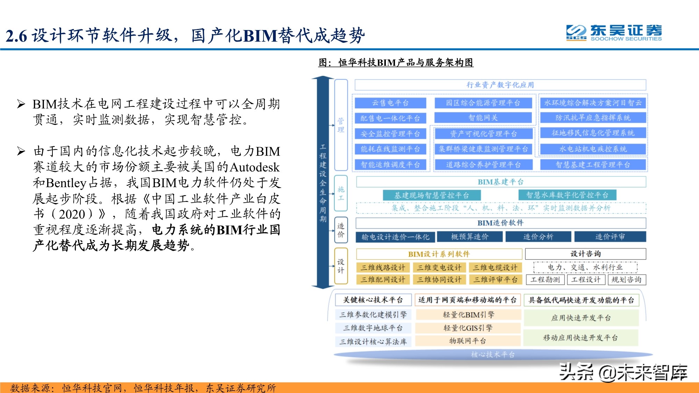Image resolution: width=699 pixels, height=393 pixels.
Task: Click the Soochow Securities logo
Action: click(x=614, y=33)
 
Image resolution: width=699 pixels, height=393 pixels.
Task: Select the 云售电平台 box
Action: click(x=390, y=103)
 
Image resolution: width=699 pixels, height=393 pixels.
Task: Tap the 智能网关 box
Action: click(x=483, y=118)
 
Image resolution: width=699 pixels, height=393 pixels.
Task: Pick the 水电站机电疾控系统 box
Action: click(x=593, y=149)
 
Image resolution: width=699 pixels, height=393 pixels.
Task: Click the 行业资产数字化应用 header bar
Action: click(x=500, y=85)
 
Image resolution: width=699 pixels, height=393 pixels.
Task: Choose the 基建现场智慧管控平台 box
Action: click(x=432, y=195)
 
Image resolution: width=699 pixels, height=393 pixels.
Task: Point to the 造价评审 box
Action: click(x=610, y=237)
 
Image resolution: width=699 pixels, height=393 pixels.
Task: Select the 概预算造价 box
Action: click(x=469, y=237)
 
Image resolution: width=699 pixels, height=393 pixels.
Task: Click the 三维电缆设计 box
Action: click(x=495, y=268)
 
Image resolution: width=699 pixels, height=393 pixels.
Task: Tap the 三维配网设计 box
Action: click(x=383, y=279)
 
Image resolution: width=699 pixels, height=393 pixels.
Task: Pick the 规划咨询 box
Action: click(x=626, y=279)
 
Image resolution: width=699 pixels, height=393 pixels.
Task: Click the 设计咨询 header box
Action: click(x=585, y=254)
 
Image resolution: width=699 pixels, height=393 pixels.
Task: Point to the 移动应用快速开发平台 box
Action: click(x=580, y=338)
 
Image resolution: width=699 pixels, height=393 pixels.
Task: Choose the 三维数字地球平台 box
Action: click(x=373, y=328)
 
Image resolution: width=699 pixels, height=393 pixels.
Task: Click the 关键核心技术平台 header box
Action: click(x=373, y=300)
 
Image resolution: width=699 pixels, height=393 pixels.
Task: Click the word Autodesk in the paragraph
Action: click(x=254, y=167)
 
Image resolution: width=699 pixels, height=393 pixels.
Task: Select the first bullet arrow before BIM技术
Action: click(x=21, y=104)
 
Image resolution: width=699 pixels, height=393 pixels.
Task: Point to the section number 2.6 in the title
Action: click(x=16, y=36)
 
